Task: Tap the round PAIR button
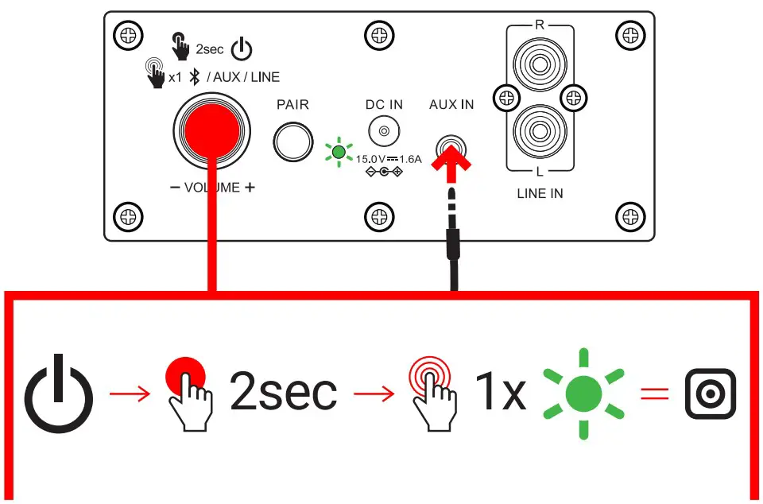point(292,142)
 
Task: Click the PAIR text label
point(292,105)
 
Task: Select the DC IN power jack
point(384,131)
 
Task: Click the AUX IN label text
point(451,105)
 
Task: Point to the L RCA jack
point(540,132)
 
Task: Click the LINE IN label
point(540,193)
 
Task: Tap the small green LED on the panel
point(339,151)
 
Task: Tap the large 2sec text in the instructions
point(283,393)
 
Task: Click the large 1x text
point(500,393)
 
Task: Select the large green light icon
point(585,393)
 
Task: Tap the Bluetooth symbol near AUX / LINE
point(193,77)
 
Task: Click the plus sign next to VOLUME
point(250,188)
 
